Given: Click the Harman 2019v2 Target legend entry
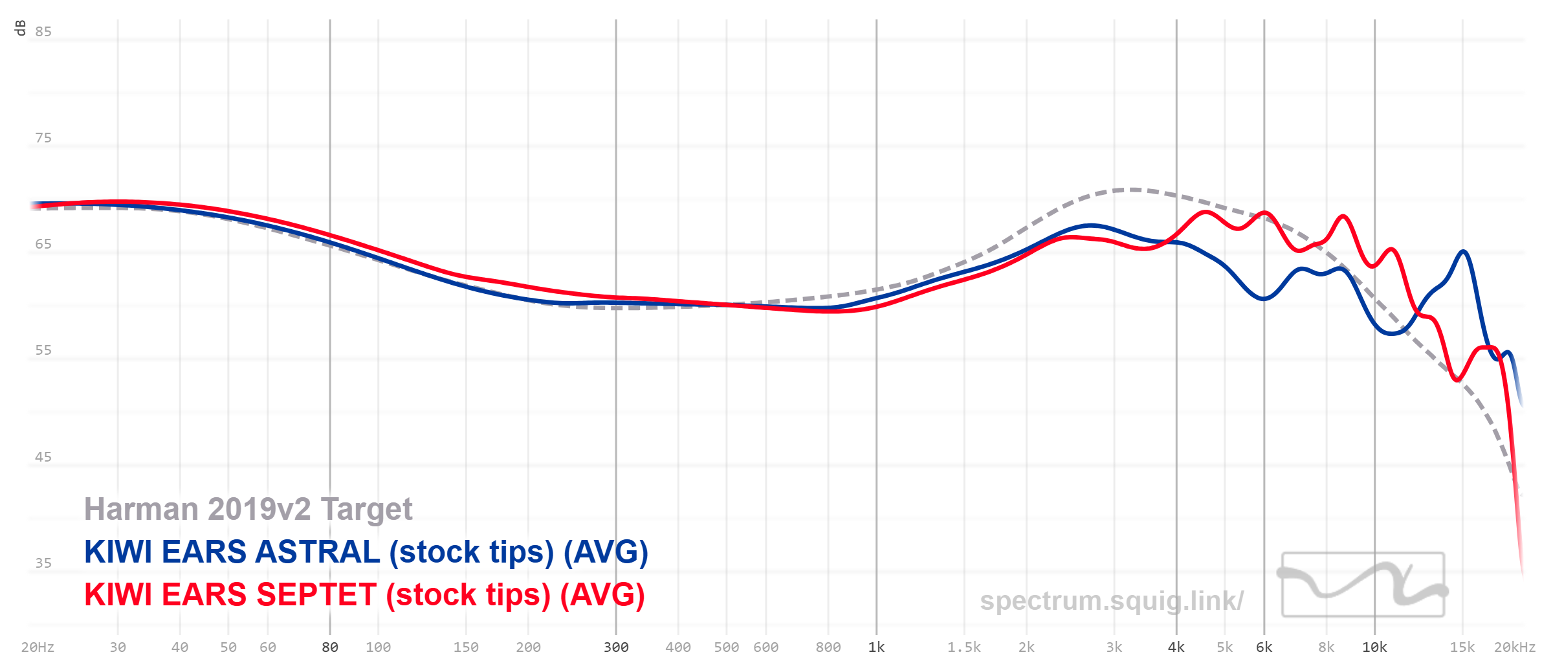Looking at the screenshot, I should tap(248, 510).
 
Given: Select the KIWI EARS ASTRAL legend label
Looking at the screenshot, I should tap(366, 552).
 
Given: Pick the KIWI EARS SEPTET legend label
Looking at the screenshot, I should tap(364, 595).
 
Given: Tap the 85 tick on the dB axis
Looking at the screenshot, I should tap(43, 32).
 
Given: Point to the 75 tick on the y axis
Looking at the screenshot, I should tap(43, 138).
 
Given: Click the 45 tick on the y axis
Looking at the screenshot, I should tap(43, 457).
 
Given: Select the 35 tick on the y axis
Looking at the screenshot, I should tap(43, 563).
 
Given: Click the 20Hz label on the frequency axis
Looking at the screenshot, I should tap(38, 647).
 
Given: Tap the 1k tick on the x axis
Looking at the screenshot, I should tap(876, 647).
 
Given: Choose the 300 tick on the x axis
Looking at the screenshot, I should tap(615, 647).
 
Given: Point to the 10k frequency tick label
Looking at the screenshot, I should tap(1374, 647).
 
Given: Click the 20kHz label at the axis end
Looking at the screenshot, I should tap(1514, 647).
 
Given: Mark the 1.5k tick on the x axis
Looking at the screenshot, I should tap(964, 647).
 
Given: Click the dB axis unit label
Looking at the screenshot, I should tap(20, 28).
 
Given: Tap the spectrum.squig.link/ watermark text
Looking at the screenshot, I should tap(1111, 601).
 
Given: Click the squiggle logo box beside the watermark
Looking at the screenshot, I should tap(1363, 584).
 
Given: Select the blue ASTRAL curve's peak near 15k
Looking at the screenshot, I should tap(1463, 251).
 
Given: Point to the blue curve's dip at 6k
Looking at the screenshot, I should tap(1263, 298).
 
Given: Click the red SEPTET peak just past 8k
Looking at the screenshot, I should tap(1343, 216).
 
